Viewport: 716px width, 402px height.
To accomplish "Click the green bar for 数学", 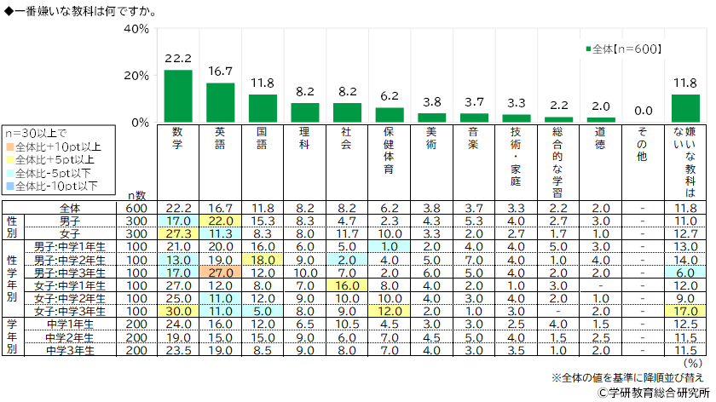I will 177,95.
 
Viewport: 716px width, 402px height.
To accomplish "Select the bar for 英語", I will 220,102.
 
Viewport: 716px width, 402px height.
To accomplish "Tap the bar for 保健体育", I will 390,114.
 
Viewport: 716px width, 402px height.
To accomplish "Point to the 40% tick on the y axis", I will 136,29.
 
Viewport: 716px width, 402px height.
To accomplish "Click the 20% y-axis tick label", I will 136,76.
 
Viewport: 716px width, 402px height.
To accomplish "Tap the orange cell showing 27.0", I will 220,273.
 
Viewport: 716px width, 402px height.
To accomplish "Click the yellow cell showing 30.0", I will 177,311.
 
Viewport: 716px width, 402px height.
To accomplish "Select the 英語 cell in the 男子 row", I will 220,220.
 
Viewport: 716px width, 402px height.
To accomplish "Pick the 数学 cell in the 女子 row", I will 177,233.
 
